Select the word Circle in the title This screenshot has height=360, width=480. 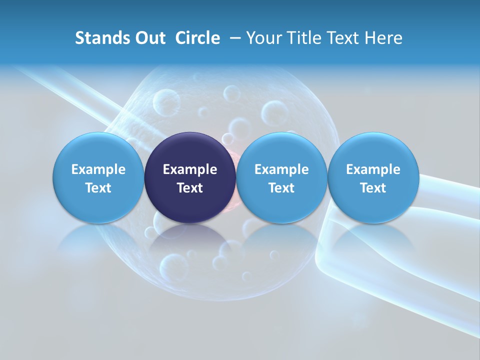tap(197, 38)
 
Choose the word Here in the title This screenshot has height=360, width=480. tap(384, 38)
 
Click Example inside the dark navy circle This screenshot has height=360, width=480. tap(189, 169)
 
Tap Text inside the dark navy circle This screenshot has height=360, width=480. tap(189, 188)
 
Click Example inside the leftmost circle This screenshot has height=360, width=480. tap(98, 169)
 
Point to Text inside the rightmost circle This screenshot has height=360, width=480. tap(373, 188)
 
